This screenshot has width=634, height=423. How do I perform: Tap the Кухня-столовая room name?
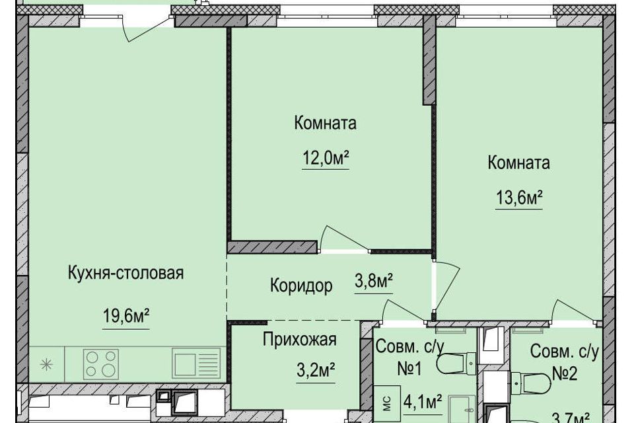[x=125, y=272]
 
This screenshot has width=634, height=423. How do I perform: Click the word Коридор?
[x=300, y=286]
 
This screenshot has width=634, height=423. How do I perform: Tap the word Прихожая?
[x=299, y=340]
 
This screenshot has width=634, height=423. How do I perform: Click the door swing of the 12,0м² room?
[x=342, y=239]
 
